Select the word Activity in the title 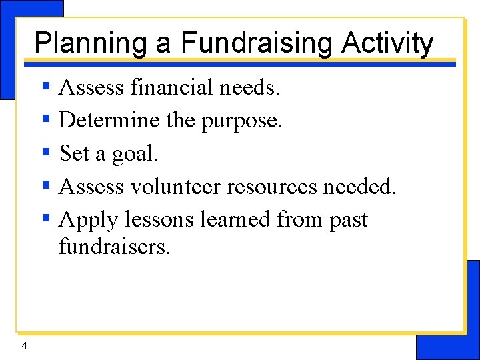[387, 44]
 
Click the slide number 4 [24, 345]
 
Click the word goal [135, 155]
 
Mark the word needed [359, 187]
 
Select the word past [349, 221]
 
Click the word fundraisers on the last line [115, 247]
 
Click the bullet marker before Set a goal [47, 152]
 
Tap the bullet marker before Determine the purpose [47, 119]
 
